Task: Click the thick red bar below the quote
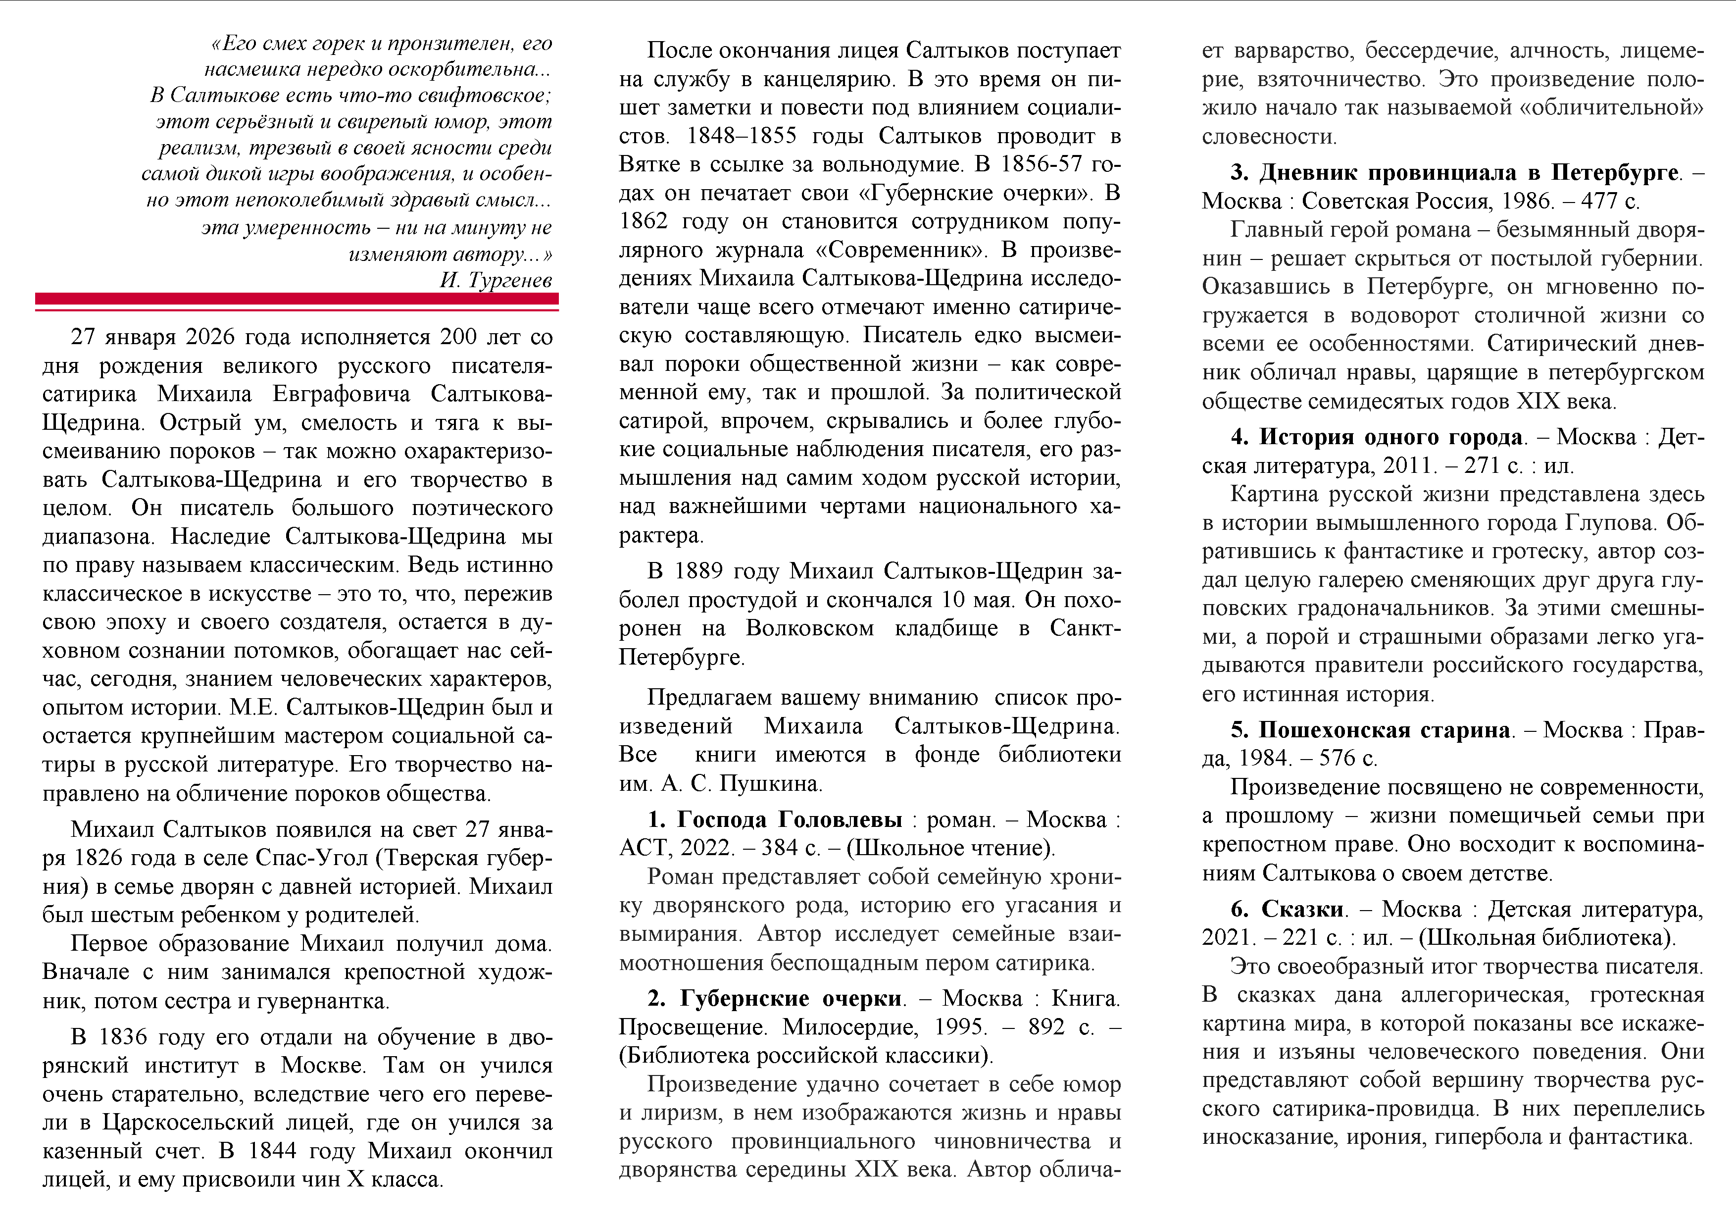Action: pos(297,299)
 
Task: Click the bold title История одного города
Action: pos(1389,437)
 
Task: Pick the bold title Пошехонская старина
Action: pos(1384,730)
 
